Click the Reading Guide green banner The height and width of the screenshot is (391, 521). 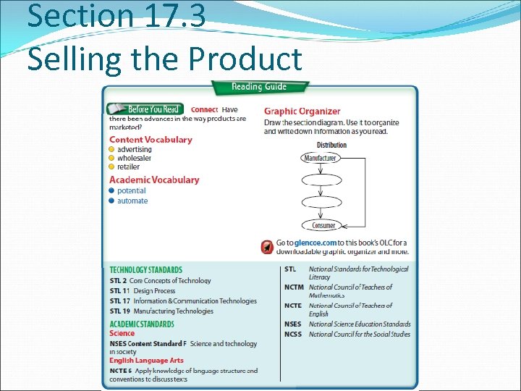[259, 87]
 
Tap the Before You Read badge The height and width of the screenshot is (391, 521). [145, 109]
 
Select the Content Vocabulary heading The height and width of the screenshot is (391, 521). [151, 140]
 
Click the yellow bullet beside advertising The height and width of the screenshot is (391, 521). [111, 150]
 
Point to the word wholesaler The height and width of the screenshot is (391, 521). [134, 158]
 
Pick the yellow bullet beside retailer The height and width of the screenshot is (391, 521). [111, 167]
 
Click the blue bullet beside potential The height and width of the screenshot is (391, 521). [111, 191]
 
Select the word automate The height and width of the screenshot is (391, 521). [132, 201]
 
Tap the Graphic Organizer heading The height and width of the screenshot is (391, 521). [302, 112]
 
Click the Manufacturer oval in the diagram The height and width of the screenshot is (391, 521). [321, 158]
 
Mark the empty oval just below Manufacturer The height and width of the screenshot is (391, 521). [321, 180]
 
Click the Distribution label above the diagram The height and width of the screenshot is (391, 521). [331, 145]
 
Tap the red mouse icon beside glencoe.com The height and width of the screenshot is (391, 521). [267, 247]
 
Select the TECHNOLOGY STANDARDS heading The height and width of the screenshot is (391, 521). [145, 270]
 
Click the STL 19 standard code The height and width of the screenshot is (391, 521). [120, 311]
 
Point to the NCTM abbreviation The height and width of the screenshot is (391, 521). [294, 287]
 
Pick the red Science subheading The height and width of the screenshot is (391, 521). [122, 334]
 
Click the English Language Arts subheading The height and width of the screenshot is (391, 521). [146, 361]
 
